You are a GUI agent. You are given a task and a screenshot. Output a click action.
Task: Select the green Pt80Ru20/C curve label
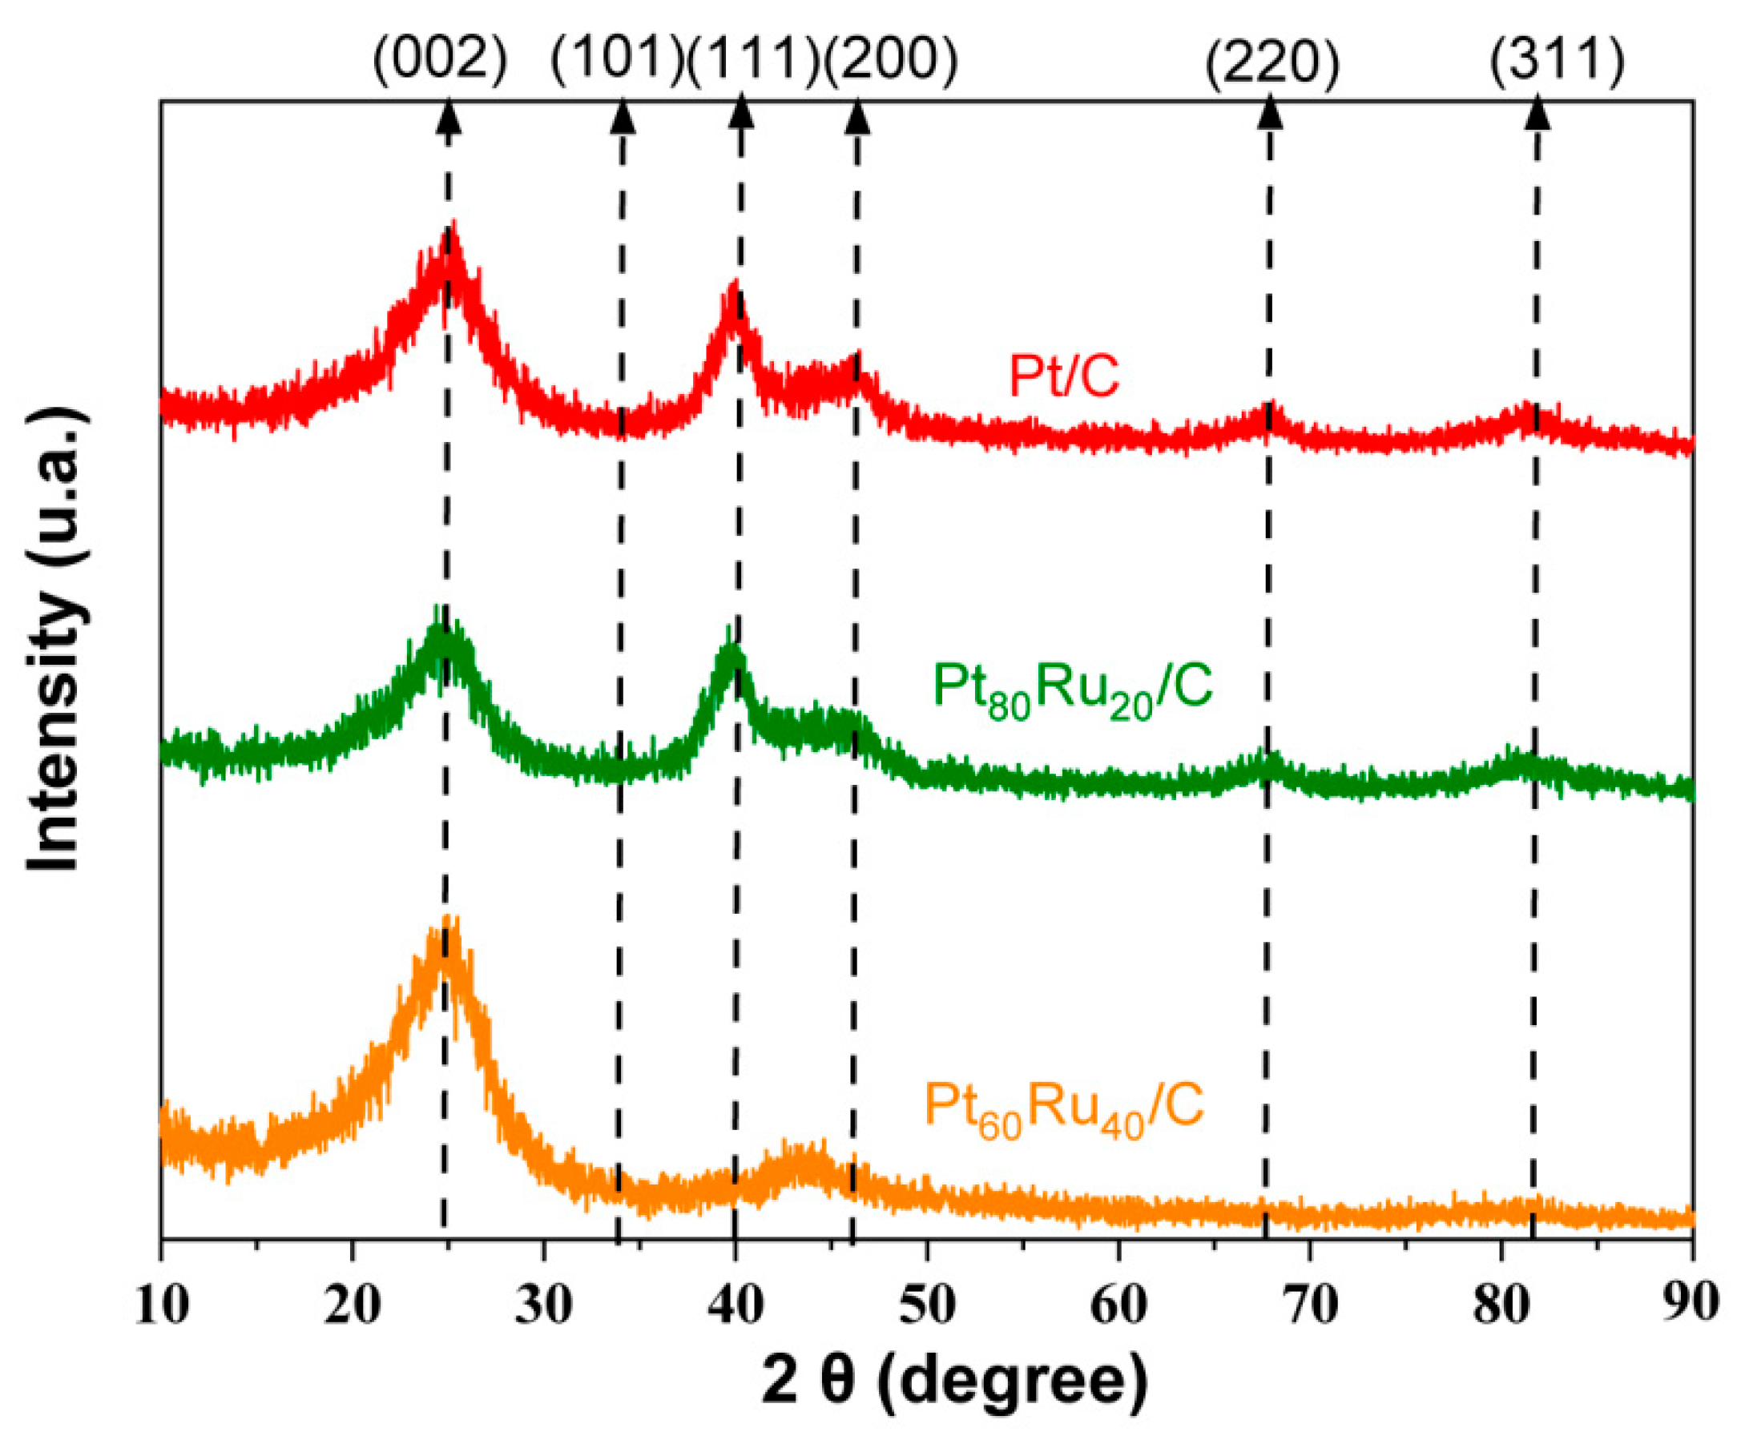pyautogui.click(x=1073, y=688)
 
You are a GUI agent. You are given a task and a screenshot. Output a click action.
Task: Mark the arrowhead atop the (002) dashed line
pyautogui.click(x=448, y=112)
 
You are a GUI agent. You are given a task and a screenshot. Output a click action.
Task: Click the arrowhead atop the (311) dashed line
pyautogui.click(x=1537, y=112)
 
